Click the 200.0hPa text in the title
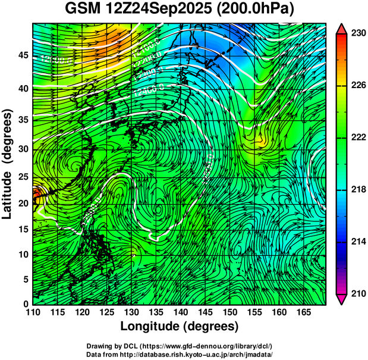point(257,10)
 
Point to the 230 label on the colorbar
point(358,33)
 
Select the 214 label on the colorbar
point(358,242)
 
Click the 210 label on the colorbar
point(358,293)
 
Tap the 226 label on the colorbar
point(358,86)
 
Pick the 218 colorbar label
point(358,189)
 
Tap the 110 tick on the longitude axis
point(33,312)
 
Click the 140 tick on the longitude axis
point(180,312)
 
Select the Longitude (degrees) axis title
point(179,326)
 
